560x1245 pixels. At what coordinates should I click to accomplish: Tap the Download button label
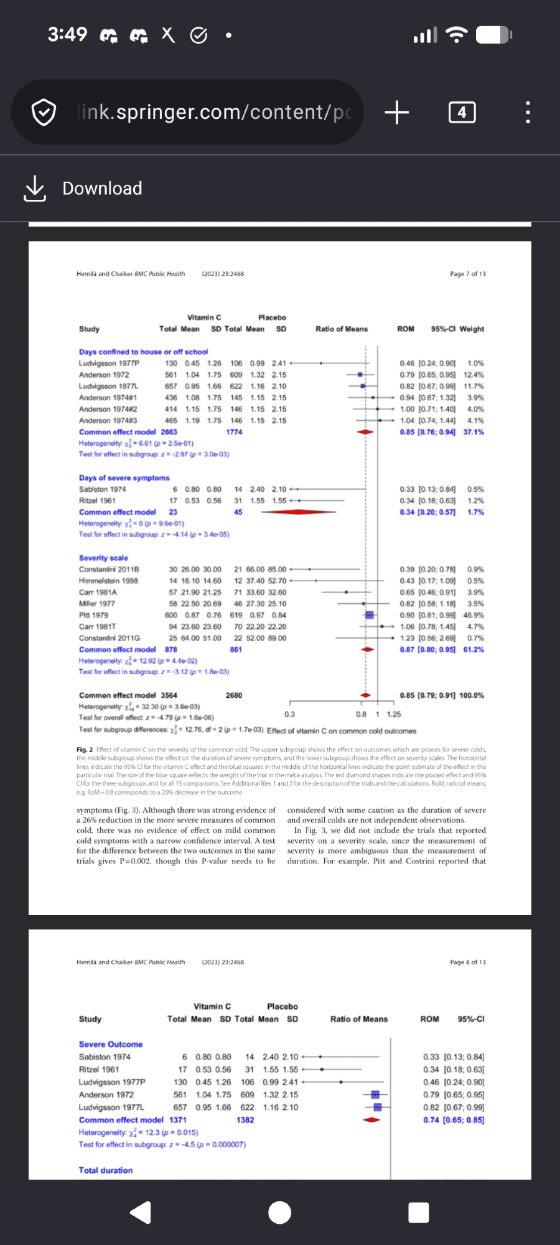(102, 188)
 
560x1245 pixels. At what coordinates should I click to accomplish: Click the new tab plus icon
(396, 113)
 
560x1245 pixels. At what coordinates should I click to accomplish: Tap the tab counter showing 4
(462, 113)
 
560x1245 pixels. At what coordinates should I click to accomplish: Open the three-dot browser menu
(528, 113)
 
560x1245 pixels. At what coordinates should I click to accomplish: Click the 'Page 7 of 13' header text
(468, 274)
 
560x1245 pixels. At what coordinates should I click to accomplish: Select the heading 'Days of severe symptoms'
(124, 478)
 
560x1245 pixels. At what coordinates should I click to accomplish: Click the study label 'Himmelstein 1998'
(108, 581)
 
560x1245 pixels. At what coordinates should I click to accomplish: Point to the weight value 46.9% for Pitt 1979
(474, 615)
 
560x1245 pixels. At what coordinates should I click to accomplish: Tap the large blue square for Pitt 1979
(369, 615)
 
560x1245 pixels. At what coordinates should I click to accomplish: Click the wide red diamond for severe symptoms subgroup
(299, 512)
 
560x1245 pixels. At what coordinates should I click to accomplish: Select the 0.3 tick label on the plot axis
(290, 715)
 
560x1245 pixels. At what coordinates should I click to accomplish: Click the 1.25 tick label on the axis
(394, 715)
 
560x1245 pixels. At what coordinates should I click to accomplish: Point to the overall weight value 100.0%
(472, 695)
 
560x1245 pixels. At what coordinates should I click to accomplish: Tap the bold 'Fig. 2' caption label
(85, 749)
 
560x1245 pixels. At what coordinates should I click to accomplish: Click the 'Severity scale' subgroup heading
(103, 558)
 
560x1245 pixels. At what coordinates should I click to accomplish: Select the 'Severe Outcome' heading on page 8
(111, 1044)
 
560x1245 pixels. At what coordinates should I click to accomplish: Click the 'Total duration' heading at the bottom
(106, 1170)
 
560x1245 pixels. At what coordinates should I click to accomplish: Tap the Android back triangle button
(141, 1212)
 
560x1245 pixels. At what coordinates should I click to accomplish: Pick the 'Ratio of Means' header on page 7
(342, 329)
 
